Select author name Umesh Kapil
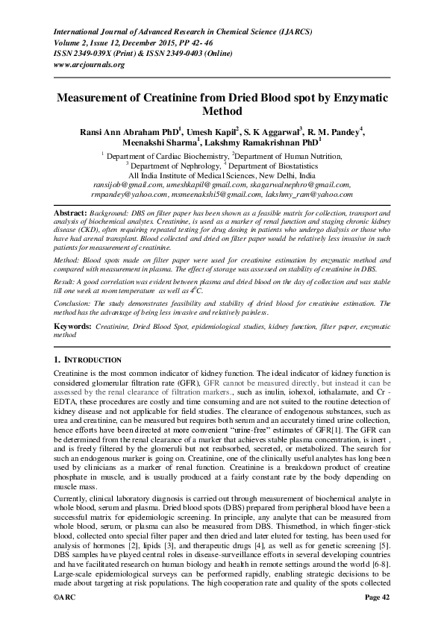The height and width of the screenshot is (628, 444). [210, 132]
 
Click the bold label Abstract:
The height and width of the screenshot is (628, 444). [72, 213]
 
